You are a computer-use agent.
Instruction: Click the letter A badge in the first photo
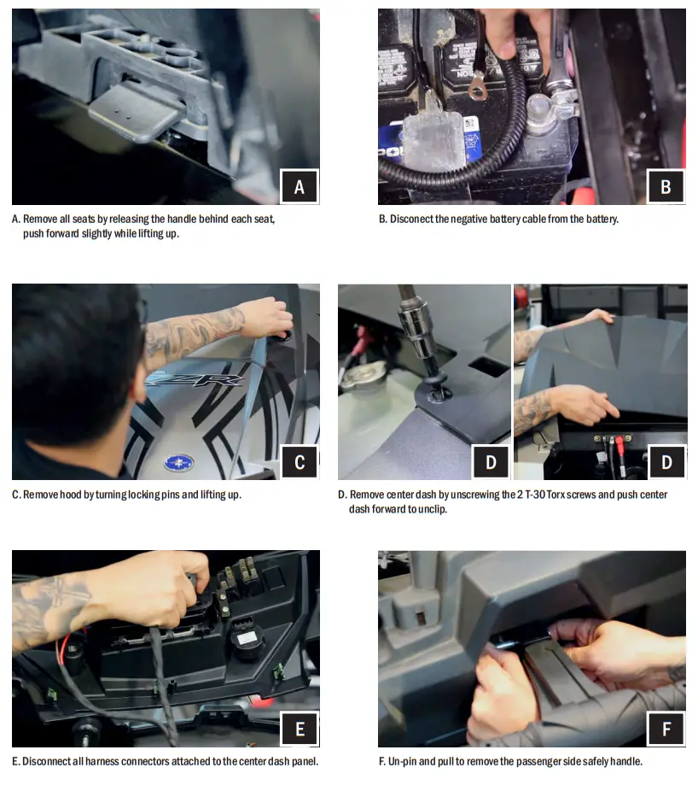click(x=299, y=187)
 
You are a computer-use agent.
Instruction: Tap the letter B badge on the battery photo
click(x=666, y=187)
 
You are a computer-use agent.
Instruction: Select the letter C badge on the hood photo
click(x=300, y=462)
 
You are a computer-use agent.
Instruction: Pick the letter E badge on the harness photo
click(x=300, y=729)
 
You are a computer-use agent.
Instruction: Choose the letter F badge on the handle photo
click(x=666, y=729)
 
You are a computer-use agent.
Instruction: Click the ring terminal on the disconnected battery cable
click(x=476, y=91)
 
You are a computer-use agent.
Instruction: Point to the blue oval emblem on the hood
click(x=179, y=463)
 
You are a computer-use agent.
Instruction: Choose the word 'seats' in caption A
click(x=84, y=220)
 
